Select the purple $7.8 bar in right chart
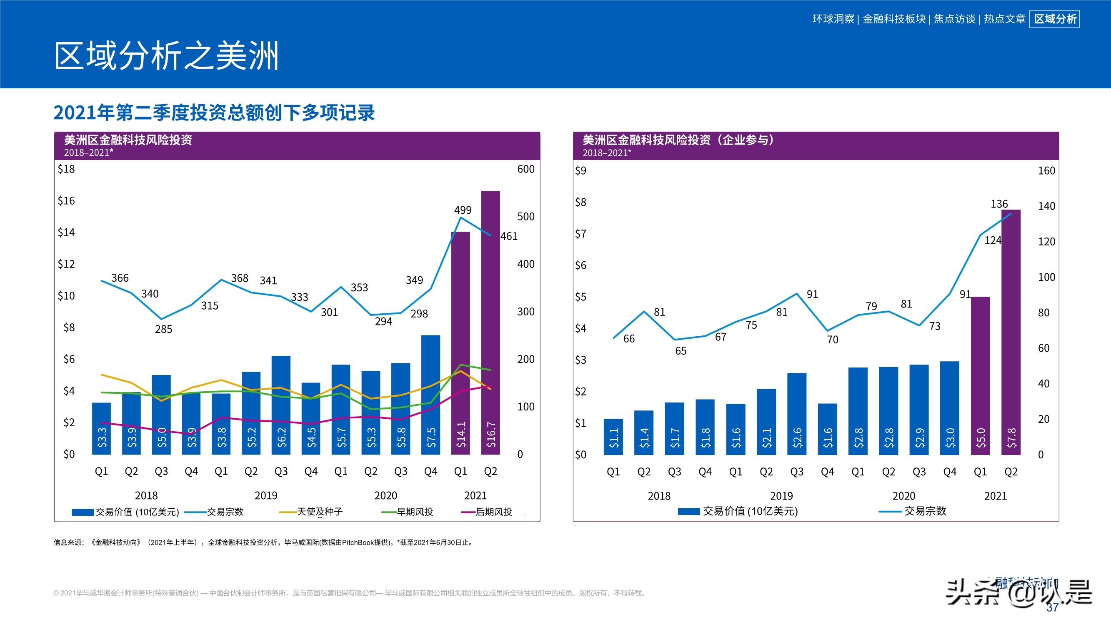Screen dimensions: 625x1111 tap(1011, 332)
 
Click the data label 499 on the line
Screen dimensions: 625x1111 tap(463, 210)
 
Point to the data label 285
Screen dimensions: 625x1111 tap(163, 330)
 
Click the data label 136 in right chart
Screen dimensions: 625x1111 tap(999, 204)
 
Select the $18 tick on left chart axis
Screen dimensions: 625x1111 tap(66, 169)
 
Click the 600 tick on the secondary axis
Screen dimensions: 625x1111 tap(526, 169)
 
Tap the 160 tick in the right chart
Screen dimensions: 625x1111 tap(1046, 171)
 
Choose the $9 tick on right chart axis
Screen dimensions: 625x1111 tap(581, 171)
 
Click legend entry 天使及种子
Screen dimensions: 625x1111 tap(319, 512)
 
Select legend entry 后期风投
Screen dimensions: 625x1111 tap(493, 512)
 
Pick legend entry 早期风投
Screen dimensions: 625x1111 tap(415, 512)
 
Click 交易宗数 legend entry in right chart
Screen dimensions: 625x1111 tap(925, 511)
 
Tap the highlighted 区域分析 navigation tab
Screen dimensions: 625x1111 tap(1054, 19)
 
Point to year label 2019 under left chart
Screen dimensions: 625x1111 tap(266, 495)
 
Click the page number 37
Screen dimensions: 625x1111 tap(1052, 607)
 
